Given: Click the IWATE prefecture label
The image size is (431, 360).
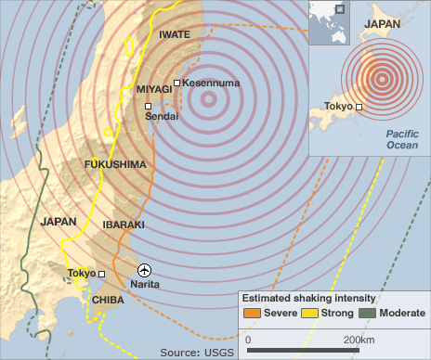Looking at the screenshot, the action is [x=175, y=35].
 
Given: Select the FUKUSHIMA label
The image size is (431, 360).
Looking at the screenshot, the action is [x=115, y=164].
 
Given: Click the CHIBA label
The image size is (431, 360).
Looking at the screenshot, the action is [x=109, y=300].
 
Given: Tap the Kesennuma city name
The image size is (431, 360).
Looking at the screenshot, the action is [x=210, y=84].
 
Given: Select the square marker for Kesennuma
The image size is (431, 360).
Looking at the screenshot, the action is [x=177, y=84].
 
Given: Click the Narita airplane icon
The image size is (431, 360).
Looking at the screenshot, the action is [x=143, y=270].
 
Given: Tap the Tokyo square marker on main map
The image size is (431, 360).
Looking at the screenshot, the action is [x=102, y=275].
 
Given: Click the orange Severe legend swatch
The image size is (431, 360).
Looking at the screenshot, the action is [x=251, y=314].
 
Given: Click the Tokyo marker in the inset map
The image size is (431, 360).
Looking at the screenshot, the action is [x=359, y=108].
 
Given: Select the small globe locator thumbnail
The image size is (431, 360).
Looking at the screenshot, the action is [x=329, y=22].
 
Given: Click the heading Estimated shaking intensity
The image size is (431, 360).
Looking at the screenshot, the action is [x=308, y=298].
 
